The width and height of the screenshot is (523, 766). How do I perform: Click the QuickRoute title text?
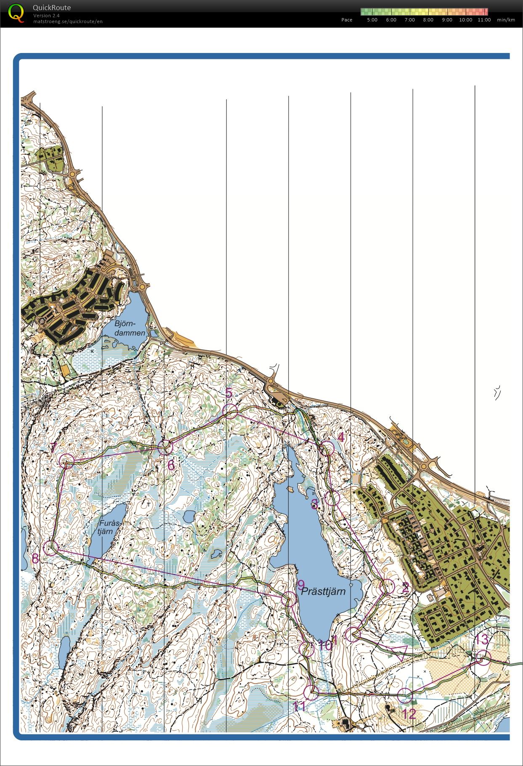[x=52, y=8]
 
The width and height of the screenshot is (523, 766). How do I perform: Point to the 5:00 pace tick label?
[x=372, y=20]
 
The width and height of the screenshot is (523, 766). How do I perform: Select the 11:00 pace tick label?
[x=484, y=20]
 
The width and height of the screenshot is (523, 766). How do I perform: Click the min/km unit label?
[x=506, y=20]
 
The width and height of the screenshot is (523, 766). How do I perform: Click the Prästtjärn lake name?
[x=323, y=591]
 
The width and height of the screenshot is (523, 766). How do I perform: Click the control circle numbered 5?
[x=231, y=411]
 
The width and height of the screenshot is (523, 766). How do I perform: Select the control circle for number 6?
[x=165, y=448]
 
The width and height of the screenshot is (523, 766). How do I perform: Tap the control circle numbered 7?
[x=67, y=461]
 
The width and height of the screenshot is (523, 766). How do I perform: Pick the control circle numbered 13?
[x=484, y=658]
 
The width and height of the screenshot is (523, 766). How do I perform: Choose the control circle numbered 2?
[x=387, y=586]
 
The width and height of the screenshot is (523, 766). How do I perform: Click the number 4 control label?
[x=341, y=437]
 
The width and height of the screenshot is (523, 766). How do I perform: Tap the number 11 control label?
[x=299, y=706]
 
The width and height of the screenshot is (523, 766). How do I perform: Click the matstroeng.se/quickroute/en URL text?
[x=68, y=21]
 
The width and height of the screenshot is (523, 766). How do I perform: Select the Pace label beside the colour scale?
[x=347, y=20]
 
